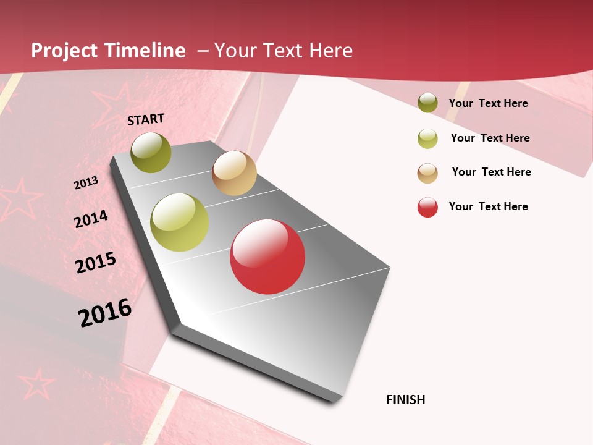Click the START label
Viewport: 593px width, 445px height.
[146, 119]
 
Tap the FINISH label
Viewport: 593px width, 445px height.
[405, 400]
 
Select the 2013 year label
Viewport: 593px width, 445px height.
[86, 183]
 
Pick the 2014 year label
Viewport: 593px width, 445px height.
[91, 219]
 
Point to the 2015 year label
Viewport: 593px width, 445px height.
[96, 263]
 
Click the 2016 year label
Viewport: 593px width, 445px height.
[105, 313]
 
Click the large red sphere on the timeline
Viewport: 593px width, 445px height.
[267, 256]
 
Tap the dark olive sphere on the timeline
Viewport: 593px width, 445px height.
[151, 152]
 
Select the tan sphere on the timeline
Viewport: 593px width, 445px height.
[234, 173]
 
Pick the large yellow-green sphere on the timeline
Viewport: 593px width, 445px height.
[180, 222]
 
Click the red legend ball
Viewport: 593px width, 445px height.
[427, 207]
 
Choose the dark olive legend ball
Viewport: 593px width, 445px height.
[427, 103]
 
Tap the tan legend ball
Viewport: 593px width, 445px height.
[427, 173]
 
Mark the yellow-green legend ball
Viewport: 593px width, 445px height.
[427, 138]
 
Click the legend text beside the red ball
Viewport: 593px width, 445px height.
[488, 206]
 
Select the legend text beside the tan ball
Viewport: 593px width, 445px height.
[491, 172]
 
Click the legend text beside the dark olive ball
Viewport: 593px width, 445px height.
[488, 103]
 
